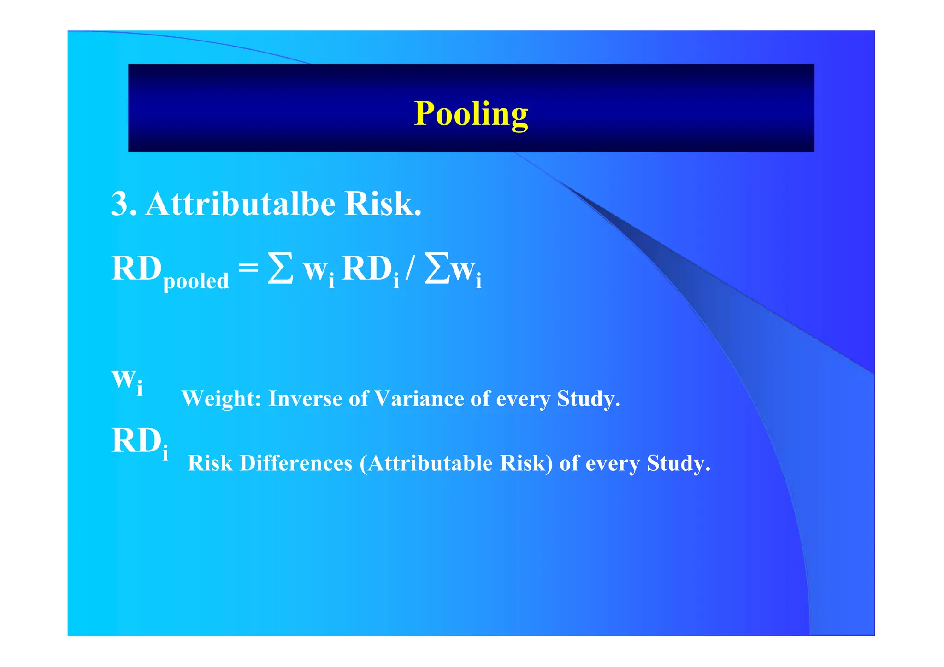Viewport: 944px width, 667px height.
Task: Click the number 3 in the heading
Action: click(124, 204)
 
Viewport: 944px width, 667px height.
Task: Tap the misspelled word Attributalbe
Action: click(240, 204)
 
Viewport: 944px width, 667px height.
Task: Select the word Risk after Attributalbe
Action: click(382, 204)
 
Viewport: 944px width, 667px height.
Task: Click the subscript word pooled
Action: click(196, 281)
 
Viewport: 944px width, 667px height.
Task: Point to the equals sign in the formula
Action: click(248, 267)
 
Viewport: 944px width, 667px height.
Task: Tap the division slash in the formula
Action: click(409, 269)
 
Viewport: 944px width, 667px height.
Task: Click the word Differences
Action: click(296, 463)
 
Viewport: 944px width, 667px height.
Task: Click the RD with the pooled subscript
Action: click(137, 268)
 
